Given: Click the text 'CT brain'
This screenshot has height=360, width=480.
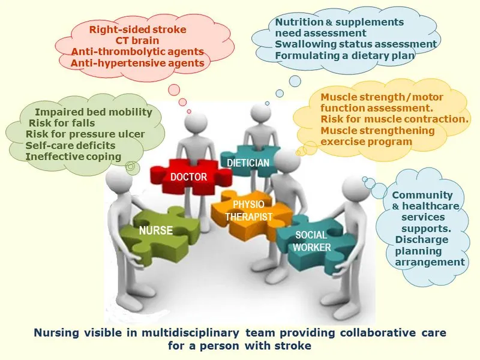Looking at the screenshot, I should (137, 40).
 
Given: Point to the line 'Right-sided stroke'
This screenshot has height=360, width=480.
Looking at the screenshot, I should (137, 29).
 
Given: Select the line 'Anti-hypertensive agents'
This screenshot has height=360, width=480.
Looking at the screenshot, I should (137, 62).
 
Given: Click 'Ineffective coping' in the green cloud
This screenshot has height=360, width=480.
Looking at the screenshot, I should (73, 157).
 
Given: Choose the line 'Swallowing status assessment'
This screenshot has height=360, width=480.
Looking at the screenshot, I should (356, 44).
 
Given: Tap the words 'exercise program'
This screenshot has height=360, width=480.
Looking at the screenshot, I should (366, 142).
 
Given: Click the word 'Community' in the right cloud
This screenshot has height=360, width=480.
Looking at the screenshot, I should (422, 195).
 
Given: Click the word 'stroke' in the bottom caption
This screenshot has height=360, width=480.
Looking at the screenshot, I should (294, 346).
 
